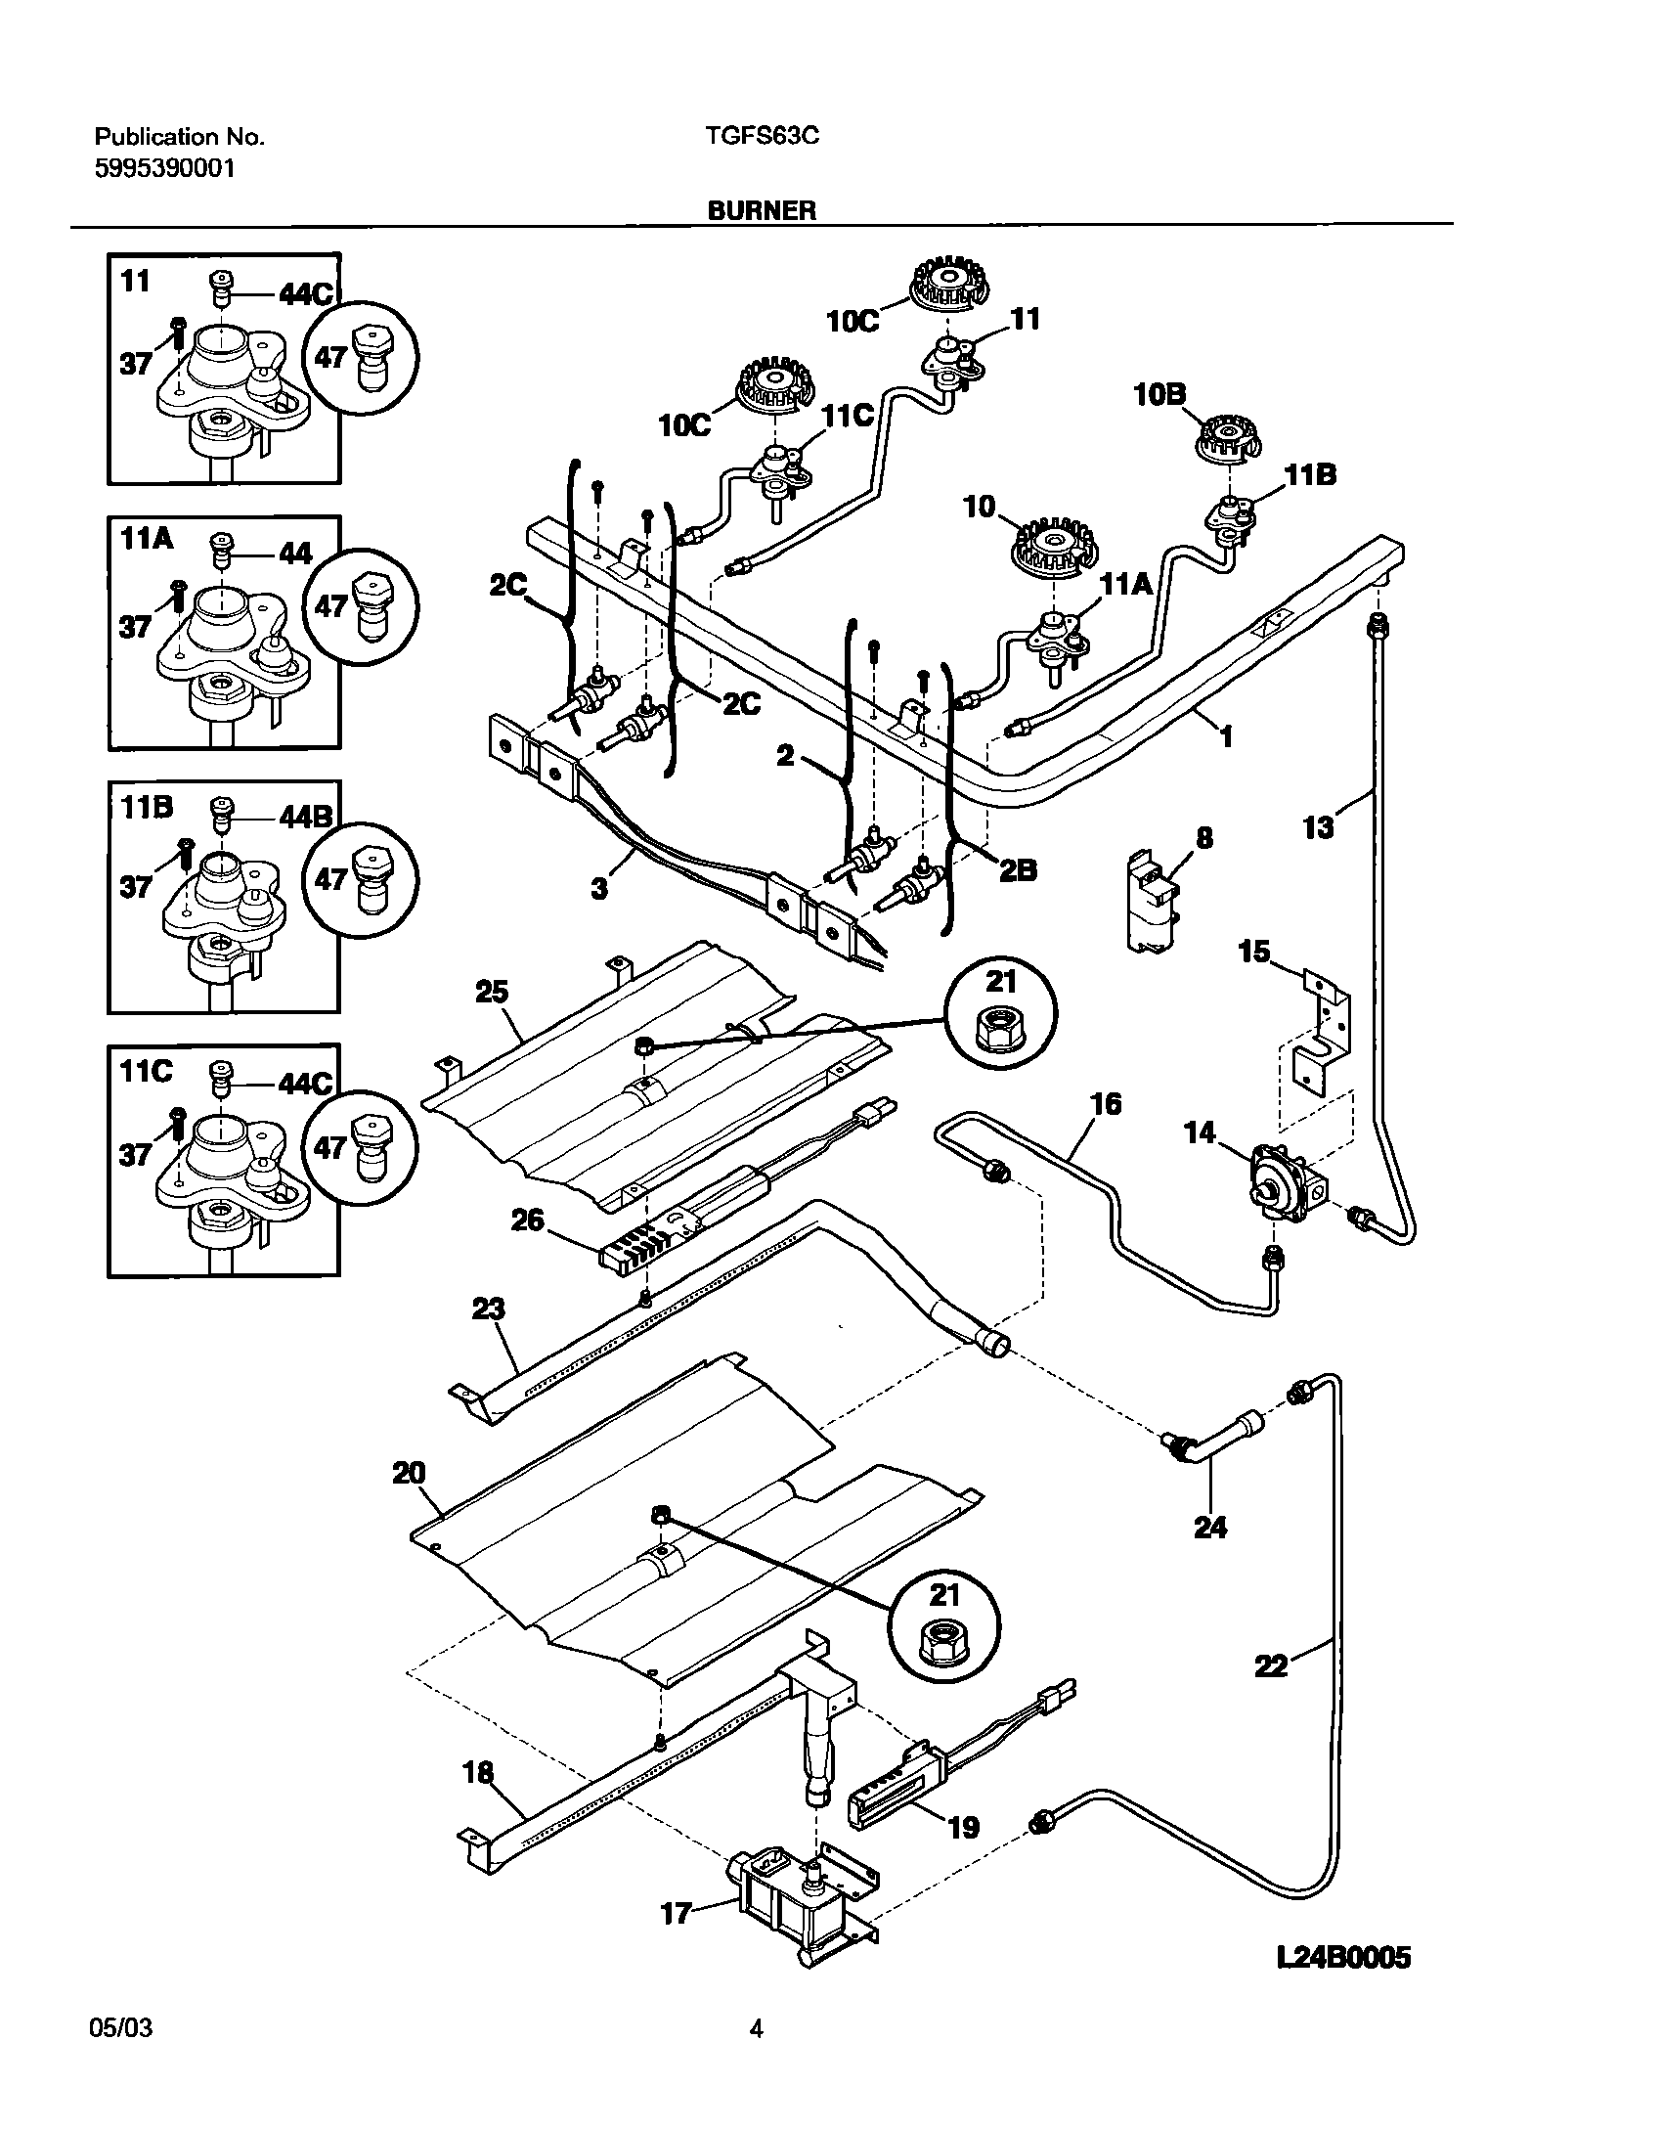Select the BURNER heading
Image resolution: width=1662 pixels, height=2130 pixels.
click(763, 210)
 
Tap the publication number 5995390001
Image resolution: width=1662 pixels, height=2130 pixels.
click(164, 168)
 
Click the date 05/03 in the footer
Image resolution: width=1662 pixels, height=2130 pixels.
click(120, 2028)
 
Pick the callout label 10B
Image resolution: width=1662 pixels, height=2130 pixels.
click(1160, 395)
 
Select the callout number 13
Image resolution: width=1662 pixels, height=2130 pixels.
click(1318, 827)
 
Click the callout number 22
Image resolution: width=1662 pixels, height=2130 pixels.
click(1272, 1664)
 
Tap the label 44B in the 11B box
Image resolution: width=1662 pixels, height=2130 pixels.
click(305, 817)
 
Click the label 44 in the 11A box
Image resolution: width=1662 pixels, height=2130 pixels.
click(295, 554)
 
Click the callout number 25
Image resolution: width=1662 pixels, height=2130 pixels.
click(493, 992)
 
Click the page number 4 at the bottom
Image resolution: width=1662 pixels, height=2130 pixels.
click(756, 2029)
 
